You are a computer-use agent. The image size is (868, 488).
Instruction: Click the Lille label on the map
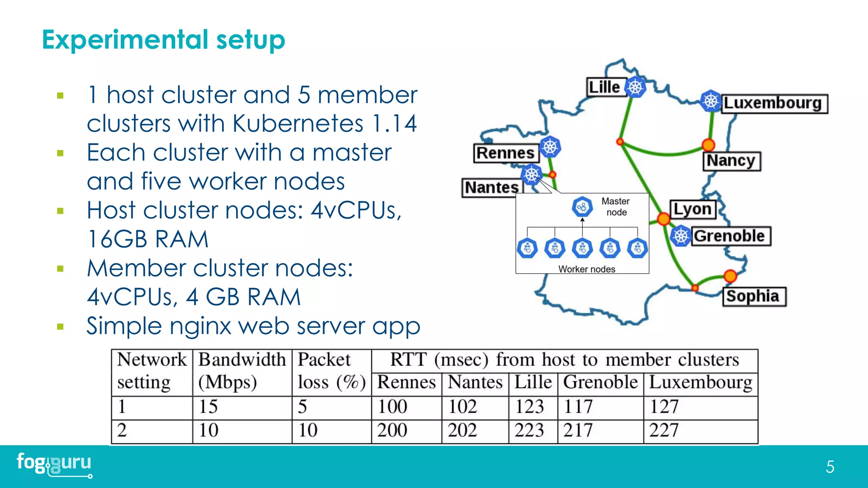pos(605,87)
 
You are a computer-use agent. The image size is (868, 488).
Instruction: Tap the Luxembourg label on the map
pos(773,103)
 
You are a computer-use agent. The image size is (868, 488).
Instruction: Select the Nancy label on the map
pos(731,161)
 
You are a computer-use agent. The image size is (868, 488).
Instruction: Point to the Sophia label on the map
pos(753,296)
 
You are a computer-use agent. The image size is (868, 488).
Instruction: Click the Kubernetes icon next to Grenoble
pos(681,236)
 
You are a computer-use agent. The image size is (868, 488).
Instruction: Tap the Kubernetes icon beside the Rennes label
pos(550,147)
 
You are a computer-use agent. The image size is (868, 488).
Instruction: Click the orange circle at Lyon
pos(664,219)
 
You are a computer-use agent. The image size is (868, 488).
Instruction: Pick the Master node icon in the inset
pos(582,207)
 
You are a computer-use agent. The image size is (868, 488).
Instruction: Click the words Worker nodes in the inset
pos(587,269)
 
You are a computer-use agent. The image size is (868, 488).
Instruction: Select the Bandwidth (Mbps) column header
pos(242,371)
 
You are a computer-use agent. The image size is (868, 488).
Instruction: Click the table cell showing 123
pos(530,407)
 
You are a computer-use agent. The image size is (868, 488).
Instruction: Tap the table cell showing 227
pos(664,431)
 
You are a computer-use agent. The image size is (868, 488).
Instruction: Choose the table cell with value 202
pos(462,431)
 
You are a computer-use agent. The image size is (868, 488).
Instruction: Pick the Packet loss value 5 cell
pos(303,407)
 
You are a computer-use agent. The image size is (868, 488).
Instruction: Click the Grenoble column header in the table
pos(600,383)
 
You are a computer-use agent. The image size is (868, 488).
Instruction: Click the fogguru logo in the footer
pos(54,464)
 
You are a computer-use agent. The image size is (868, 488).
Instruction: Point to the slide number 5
pos(830,467)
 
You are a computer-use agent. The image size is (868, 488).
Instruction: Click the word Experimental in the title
pos(125,40)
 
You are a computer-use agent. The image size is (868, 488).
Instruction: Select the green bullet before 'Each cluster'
pos(60,153)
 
